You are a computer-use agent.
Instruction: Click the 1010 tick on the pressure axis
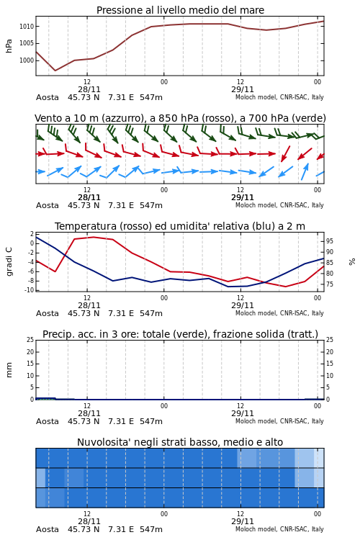(x=27, y=27)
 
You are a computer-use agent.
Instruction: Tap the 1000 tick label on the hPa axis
(x=27, y=60)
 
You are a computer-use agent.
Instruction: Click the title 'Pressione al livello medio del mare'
(x=180, y=10)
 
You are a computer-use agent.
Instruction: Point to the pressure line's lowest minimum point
(x=55, y=71)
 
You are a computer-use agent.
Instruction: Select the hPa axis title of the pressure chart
(x=9, y=46)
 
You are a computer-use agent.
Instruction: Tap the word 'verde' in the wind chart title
(x=309, y=119)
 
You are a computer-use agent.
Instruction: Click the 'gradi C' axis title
(x=9, y=262)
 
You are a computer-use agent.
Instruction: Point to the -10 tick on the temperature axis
(x=29, y=290)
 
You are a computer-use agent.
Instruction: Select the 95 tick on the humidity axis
(x=330, y=241)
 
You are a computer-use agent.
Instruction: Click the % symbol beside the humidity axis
(x=352, y=262)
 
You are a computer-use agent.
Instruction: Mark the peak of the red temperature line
(x=94, y=237)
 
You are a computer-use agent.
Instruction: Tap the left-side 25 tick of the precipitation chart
(x=30, y=340)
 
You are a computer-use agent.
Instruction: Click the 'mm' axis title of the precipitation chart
(x=9, y=370)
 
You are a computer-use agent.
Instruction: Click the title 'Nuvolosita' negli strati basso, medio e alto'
(x=180, y=442)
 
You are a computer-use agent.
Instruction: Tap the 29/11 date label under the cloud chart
(x=243, y=521)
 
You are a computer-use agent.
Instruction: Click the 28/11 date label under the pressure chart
(x=89, y=89)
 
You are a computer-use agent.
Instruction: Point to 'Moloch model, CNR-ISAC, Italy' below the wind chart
(x=279, y=205)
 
